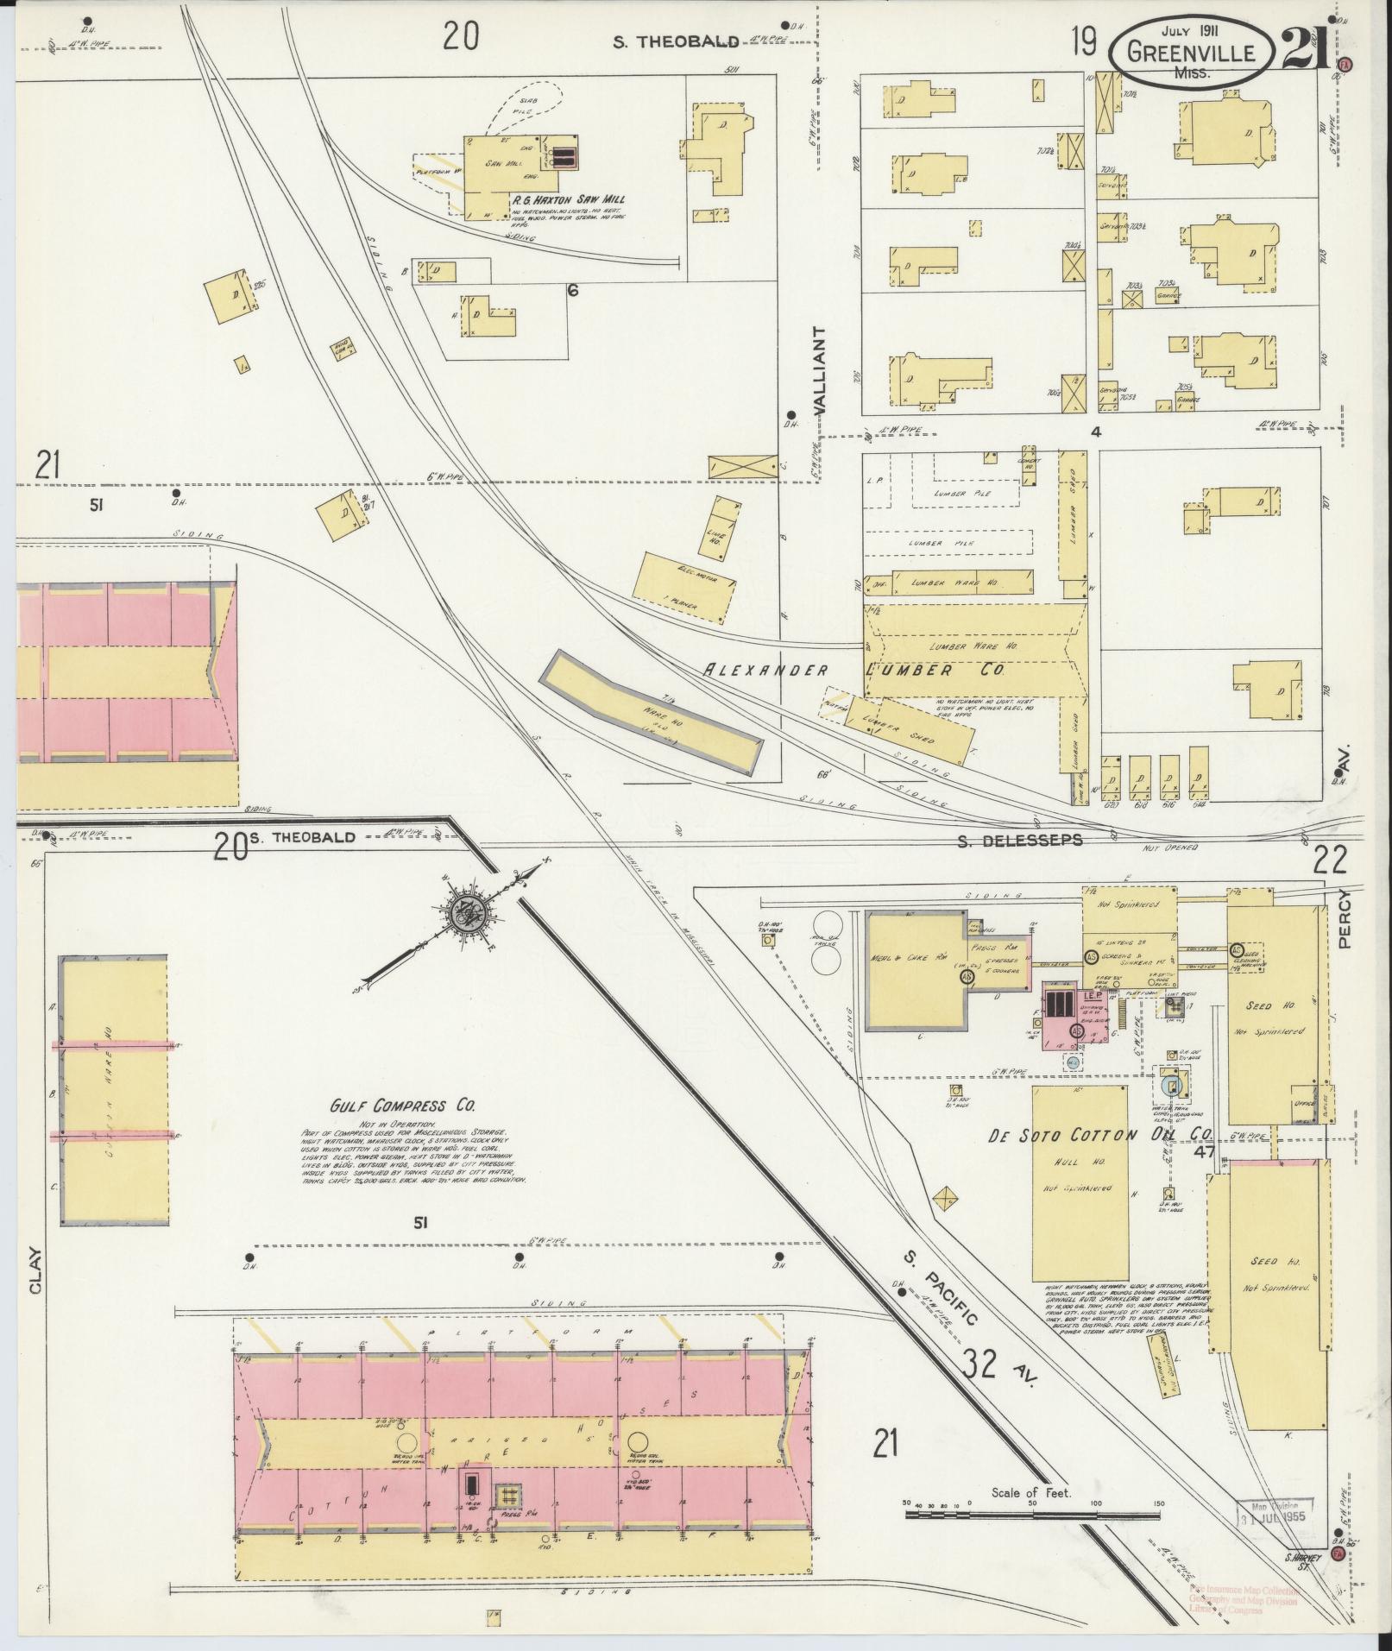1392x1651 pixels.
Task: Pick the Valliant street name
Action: click(819, 371)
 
